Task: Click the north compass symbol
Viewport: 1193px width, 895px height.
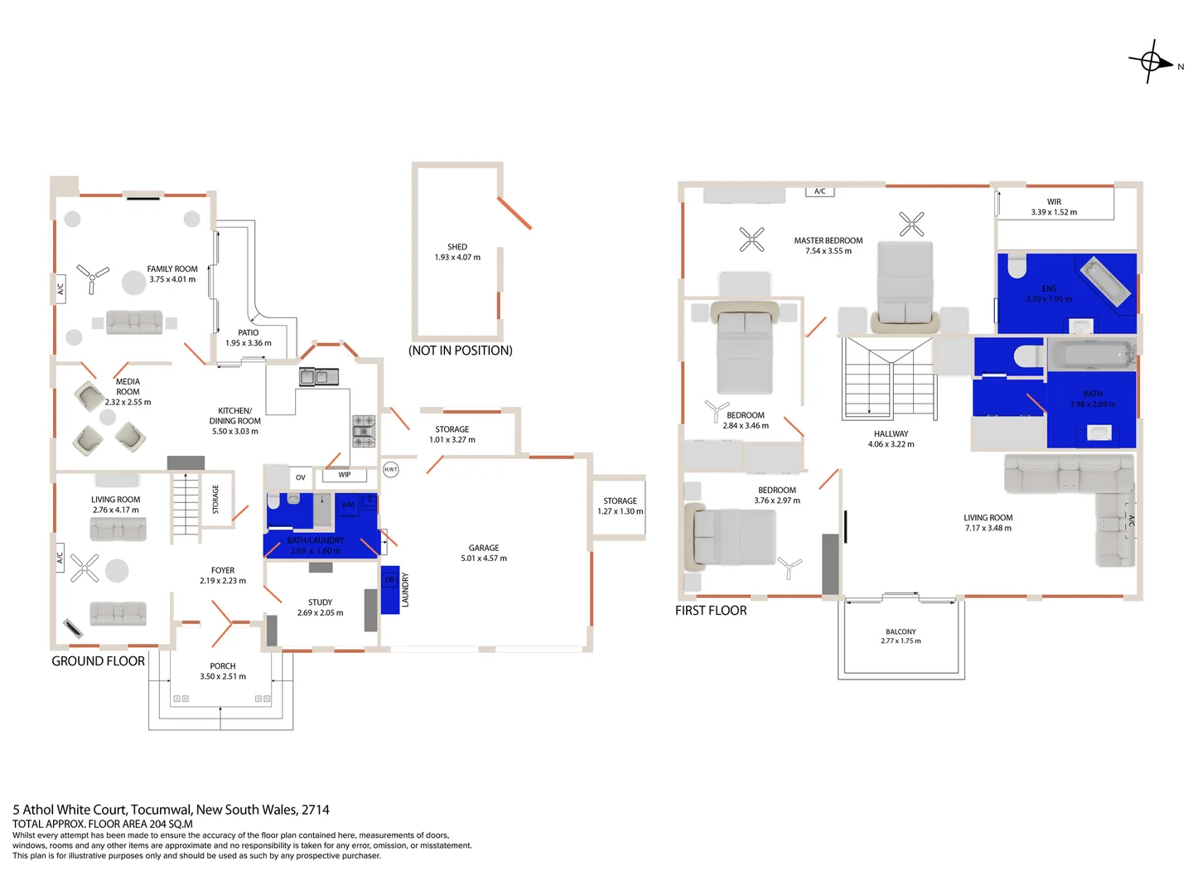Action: pyautogui.click(x=1151, y=61)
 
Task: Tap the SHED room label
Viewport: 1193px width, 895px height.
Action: pyautogui.click(x=457, y=247)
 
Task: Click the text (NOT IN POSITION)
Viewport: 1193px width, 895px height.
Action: pyautogui.click(x=460, y=351)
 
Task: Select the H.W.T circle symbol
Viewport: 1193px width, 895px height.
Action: pyautogui.click(x=390, y=469)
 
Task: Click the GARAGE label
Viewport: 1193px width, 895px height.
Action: pyautogui.click(x=484, y=548)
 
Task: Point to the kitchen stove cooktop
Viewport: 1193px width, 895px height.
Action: pyautogui.click(x=364, y=431)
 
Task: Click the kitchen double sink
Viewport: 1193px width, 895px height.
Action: pyautogui.click(x=319, y=377)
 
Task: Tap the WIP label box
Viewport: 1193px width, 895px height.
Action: pyautogui.click(x=345, y=475)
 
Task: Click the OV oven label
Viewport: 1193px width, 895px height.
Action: pyautogui.click(x=300, y=477)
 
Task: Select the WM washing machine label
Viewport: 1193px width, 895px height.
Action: pyautogui.click(x=348, y=505)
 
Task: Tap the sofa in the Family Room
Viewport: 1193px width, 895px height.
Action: pyautogui.click(x=134, y=322)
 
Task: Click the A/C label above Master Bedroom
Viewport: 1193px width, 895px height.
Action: pyautogui.click(x=819, y=191)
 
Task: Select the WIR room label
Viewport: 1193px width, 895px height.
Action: pyautogui.click(x=1054, y=201)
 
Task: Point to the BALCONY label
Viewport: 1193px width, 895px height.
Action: pyautogui.click(x=901, y=631)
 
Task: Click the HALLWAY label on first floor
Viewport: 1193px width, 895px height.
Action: pyautogui.click(x=891, y=433)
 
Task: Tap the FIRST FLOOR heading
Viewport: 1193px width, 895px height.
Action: pyautogui.click(x=711, y=611)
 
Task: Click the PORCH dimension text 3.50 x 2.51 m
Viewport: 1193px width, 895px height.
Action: pyautogui.click(x=223, y=676)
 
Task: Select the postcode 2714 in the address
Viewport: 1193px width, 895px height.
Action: pyautogui.click(x=316, y=810)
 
